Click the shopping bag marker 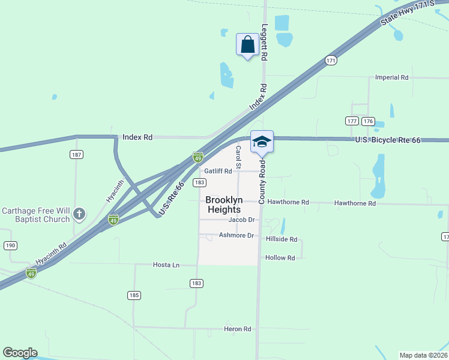click(x=247, y=44)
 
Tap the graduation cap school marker click(x=262, y=142)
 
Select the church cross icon click(x=79, y=213)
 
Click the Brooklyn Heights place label click(x=223, y=205)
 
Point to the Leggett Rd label click(x=264, y=42)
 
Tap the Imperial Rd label click(x=391, y=77)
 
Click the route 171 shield click(x=331, y=61)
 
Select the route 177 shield click(x=352, y=121)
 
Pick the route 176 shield click(x=368, y=121)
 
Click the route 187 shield click(x=76, y=155)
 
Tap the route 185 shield click(x=134, y=295)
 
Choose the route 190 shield click(x=10, y=245)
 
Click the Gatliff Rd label click(x=217, y=171)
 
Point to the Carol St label click(x=238, y=157)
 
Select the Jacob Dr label click(x=242, y=220)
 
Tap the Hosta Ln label click(x=166, y=265)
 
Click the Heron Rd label click(x=237, y=329)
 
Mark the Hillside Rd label click(x=282, y=239)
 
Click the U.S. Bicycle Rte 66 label click(x=387, y=140)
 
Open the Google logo click(x=20, y=353)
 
